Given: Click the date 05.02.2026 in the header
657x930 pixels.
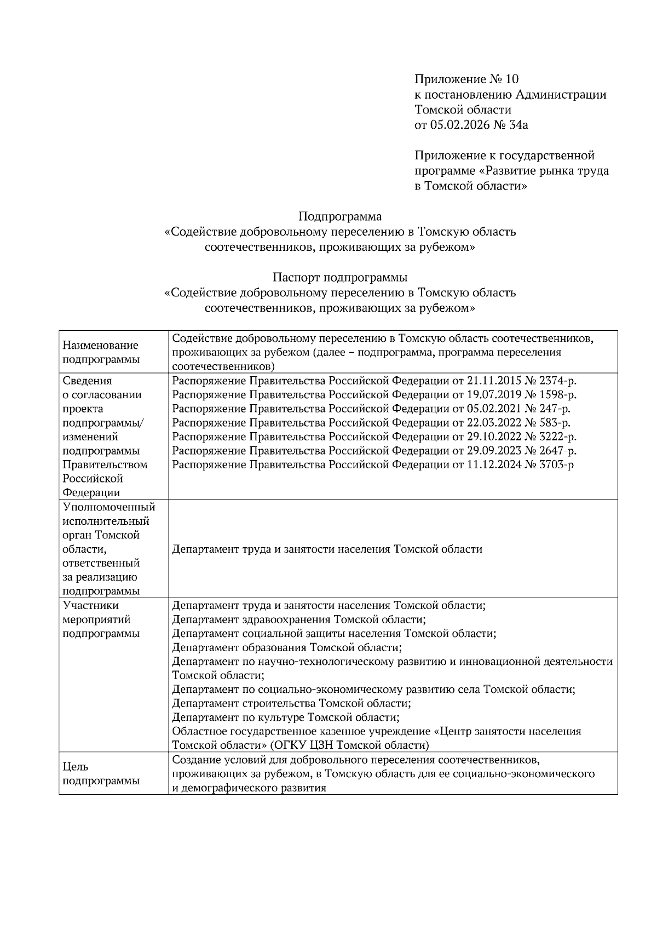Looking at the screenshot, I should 460,125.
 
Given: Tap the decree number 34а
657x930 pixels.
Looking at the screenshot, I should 518,125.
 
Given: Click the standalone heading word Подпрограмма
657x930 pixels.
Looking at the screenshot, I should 339,216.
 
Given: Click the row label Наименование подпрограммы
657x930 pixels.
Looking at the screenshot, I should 101,352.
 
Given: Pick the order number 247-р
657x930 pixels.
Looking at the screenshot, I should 549,409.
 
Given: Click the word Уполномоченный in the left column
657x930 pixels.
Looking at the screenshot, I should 109,507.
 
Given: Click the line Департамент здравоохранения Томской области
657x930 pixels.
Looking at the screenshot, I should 299,619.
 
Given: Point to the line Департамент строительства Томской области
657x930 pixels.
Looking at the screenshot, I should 291,703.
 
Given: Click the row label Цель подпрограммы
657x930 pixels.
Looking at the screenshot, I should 101,774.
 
